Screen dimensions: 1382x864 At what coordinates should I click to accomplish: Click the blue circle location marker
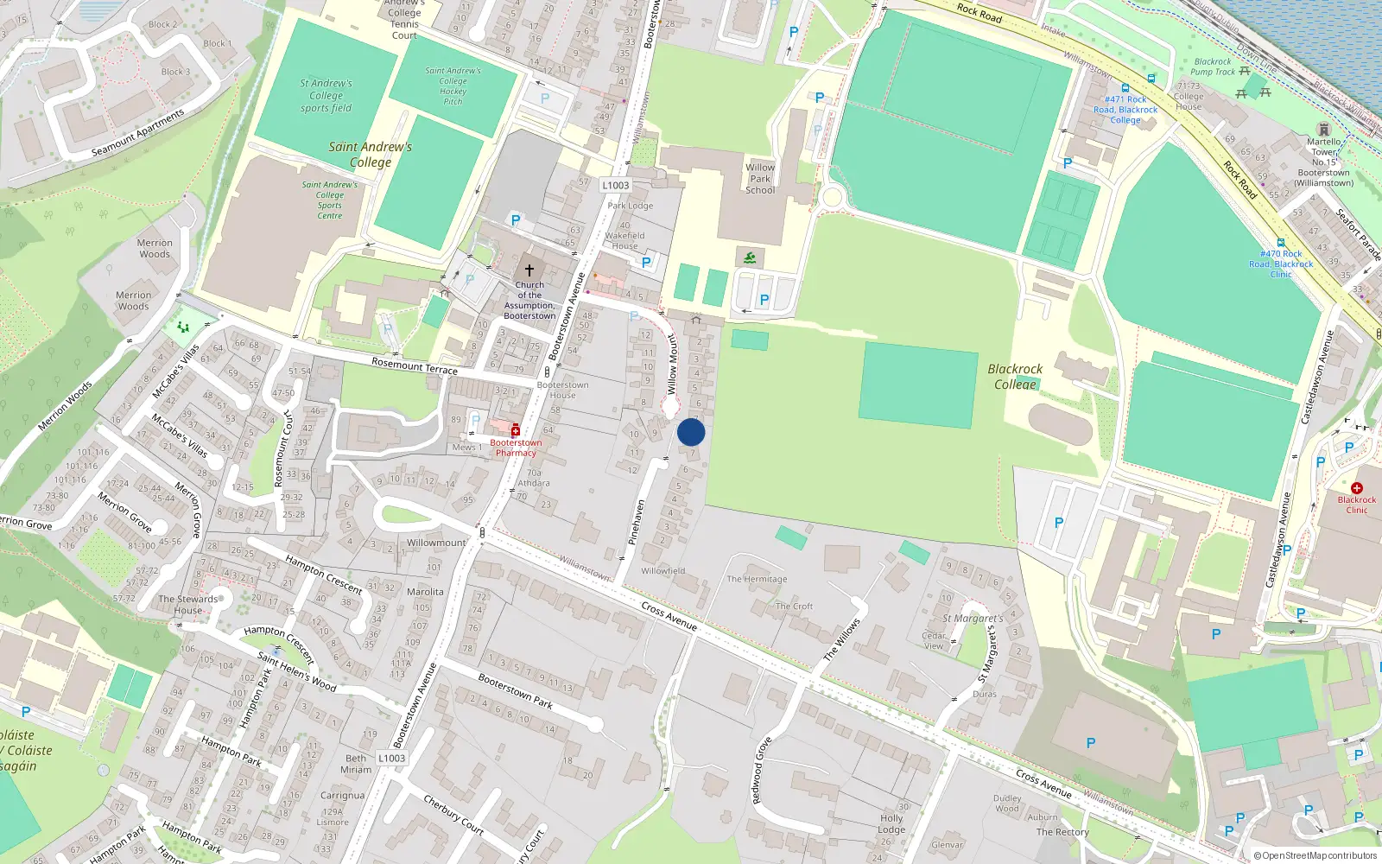click(691, 432)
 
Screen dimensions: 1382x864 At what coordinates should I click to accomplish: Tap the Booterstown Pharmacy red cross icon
click(516, 430)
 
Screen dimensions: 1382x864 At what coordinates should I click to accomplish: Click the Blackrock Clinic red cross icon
click(1356, 488)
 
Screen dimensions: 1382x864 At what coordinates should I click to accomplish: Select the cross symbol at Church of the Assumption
click(529, 270)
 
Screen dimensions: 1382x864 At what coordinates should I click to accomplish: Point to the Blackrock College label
click(1015, 376)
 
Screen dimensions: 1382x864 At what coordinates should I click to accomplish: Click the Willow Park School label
click(760, 179)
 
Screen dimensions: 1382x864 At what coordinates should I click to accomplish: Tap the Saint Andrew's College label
click(371, 154)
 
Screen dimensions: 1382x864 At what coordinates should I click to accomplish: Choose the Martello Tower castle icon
click(1323, 130)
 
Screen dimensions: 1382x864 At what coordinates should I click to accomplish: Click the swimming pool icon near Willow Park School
click(750, 257)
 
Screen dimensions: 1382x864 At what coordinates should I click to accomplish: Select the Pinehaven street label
click(637, 521)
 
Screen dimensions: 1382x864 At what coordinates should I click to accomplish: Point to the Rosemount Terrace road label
click(415, 365)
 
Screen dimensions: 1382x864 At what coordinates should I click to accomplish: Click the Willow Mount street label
click(673, 365)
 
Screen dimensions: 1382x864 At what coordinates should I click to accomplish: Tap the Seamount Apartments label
click(138, 133)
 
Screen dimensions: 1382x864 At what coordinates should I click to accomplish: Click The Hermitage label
click(757, 579)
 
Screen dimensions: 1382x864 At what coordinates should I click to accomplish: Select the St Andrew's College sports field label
click(326, 95)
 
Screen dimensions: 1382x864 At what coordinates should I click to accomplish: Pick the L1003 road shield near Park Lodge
click(616, 185)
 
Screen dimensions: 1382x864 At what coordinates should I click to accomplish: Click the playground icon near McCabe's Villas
click(182, 327)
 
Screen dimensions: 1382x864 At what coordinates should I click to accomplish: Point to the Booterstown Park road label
click(515, 691)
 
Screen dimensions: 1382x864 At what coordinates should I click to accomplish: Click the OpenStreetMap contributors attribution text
click(1315, 855)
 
